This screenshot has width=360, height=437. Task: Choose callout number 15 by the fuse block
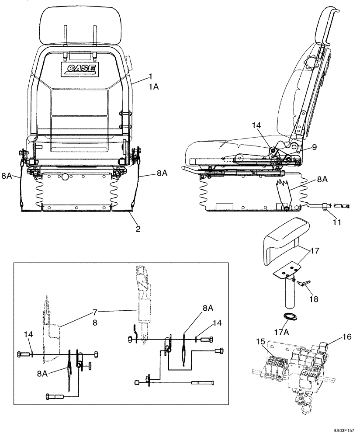coord(261,341)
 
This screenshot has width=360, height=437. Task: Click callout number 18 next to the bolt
coord(314,299)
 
